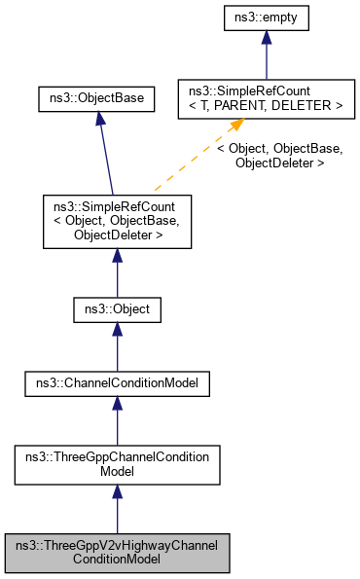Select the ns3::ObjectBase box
point(96,99)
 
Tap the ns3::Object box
point(117,310)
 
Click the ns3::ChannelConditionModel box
point(117,384)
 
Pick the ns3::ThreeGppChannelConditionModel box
point(117,464)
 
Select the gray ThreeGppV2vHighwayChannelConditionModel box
point(117,552)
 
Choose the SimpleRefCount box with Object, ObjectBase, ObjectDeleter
point(117,221)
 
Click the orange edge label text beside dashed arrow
point(278,156)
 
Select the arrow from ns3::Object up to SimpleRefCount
point(117,273)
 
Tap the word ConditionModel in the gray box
point(117,560)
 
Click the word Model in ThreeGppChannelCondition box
point(117,472)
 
